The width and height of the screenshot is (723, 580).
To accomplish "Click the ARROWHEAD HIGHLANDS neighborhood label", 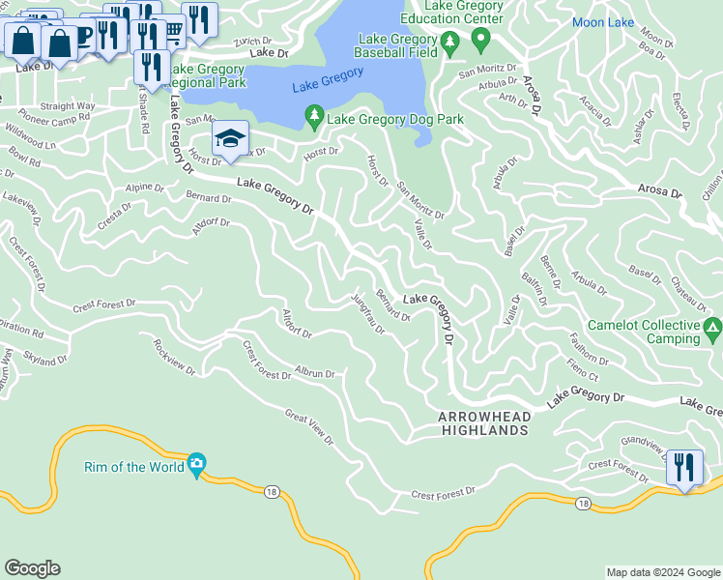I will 483,422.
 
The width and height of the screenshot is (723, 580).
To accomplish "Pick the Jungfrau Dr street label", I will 367,314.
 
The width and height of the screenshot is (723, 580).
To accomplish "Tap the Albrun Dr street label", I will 315,373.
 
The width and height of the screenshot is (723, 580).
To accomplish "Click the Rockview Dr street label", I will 174,356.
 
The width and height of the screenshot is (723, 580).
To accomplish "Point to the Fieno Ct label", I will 584,368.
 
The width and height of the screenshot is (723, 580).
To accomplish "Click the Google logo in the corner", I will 32,568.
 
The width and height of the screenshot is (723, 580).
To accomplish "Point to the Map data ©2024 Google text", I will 662,572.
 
